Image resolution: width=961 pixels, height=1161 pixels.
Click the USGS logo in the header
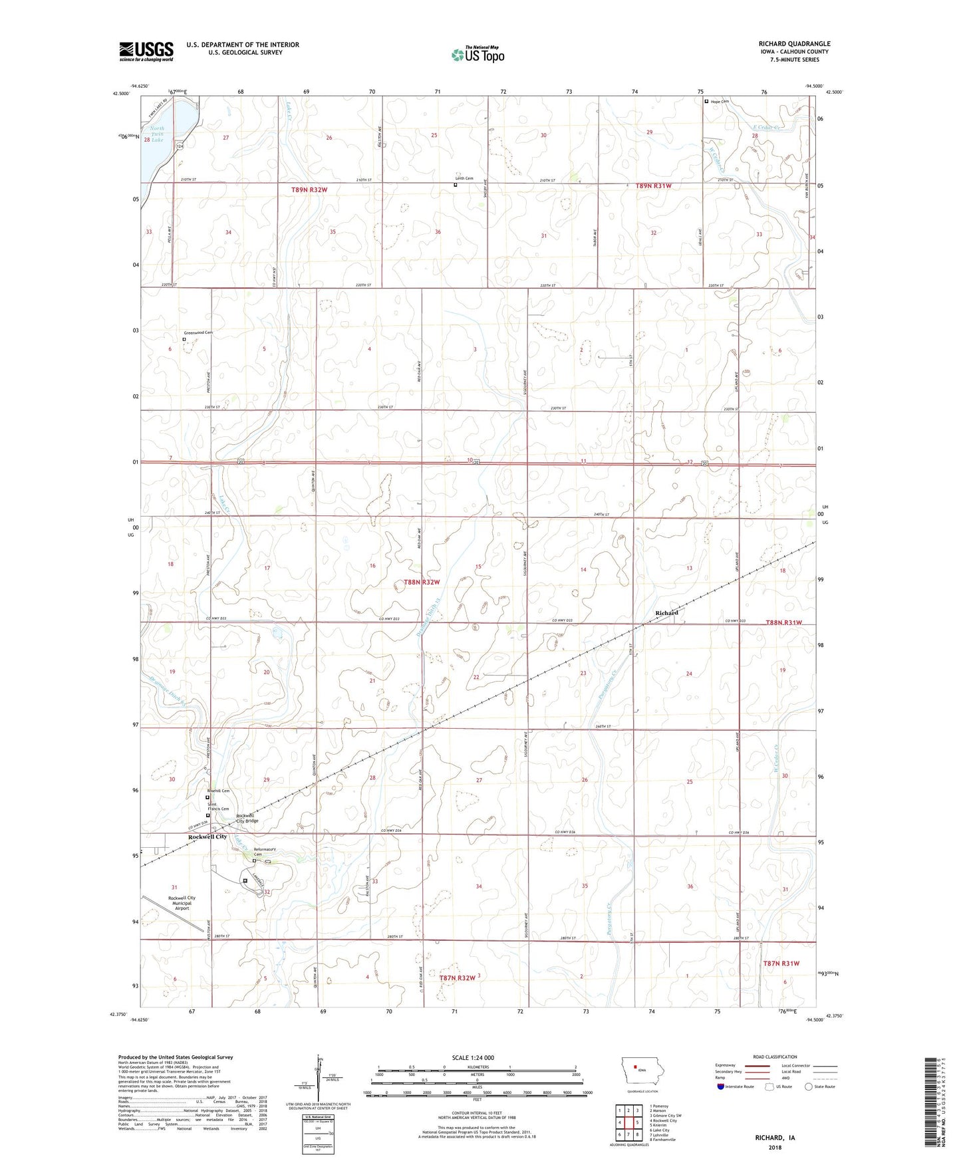146,51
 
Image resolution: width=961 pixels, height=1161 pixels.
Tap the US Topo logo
477,55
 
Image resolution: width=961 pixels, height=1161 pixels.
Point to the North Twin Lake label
157,134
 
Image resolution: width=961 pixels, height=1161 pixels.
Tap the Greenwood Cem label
198,332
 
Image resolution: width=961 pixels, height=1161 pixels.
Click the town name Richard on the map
666,612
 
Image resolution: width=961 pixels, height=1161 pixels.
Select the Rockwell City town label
207,837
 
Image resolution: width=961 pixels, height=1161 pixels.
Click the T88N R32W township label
422,582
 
